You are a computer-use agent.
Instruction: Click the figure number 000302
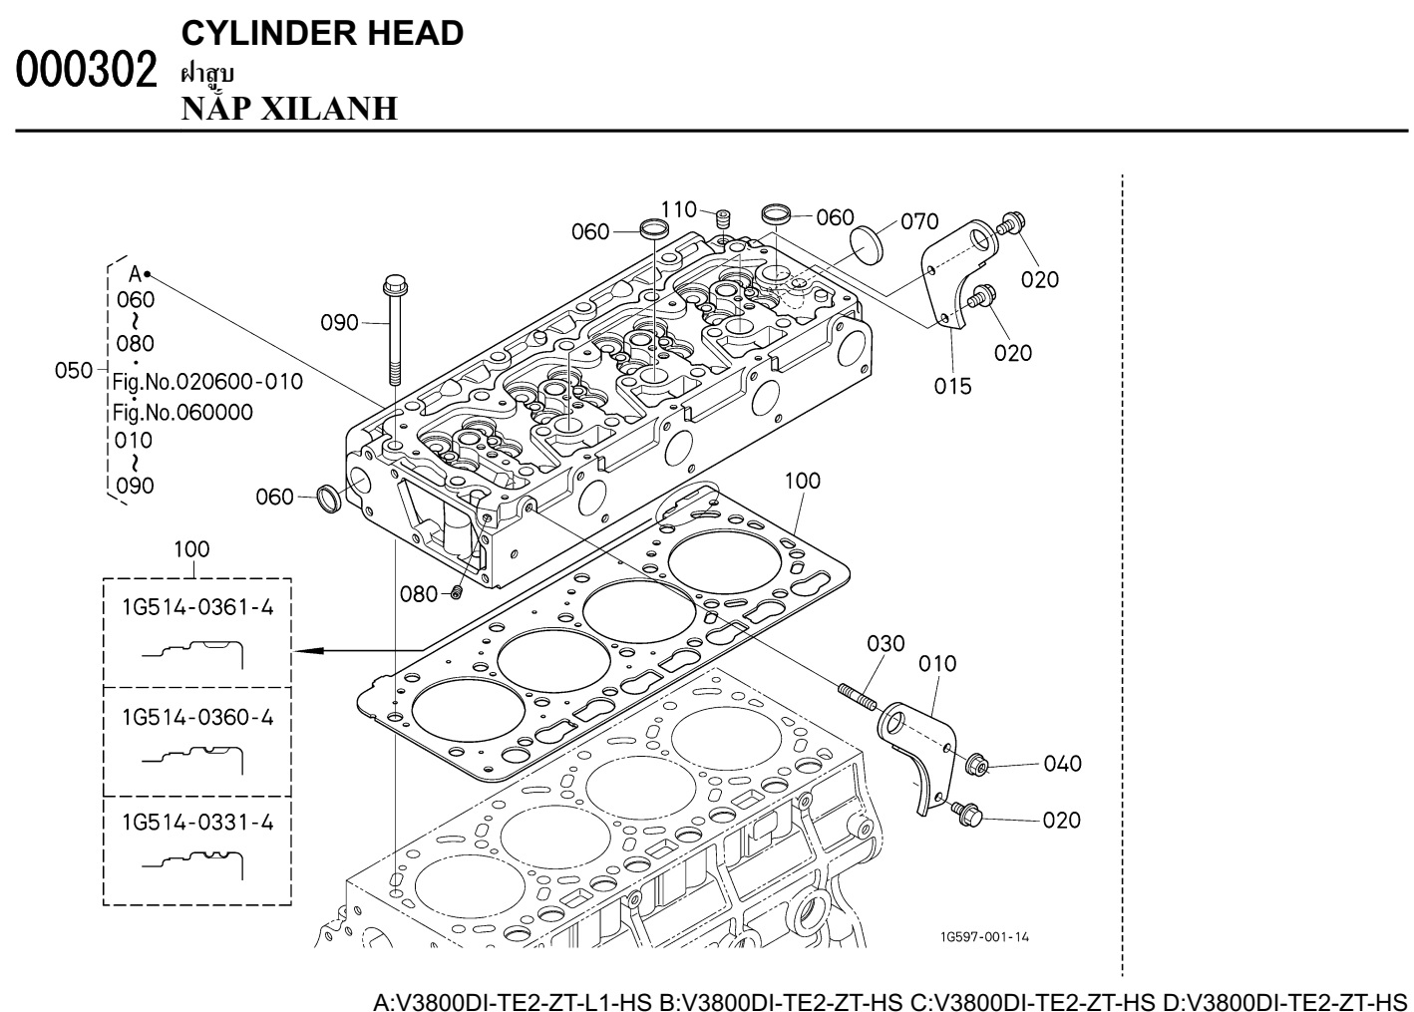[x=87, y=71]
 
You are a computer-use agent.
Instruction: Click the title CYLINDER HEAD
[x=322, y=33]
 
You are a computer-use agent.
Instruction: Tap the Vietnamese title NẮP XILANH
[x=289, y=108]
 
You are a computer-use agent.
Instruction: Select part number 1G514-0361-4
[x=197, y=607]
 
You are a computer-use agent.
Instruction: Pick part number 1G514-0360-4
[x=197, y=717]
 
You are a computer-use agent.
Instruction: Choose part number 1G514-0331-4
[x=197, y=823]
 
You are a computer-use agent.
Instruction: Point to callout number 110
[x=678, y=209]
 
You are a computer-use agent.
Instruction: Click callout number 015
[x=952, y=385]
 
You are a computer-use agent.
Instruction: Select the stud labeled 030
[x=857, y=694]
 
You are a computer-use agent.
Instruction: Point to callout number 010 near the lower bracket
[x=937, y=663]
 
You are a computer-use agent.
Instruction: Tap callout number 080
[x=419, y=594]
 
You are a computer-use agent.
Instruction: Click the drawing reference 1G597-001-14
[x=983, y=937]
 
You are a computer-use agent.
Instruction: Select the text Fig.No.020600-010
[x=207, y=381]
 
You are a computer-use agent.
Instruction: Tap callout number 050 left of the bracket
[x=74, y=370]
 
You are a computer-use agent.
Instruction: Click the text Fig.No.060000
[x=182, y=412]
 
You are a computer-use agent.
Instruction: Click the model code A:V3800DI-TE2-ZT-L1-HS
[x=513, y=1000]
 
